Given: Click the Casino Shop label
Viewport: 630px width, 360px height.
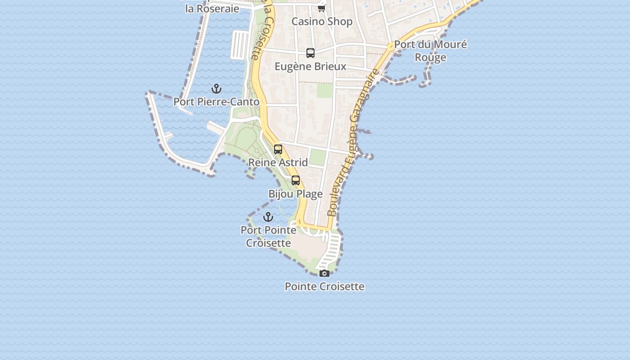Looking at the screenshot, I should (x=322, y=21).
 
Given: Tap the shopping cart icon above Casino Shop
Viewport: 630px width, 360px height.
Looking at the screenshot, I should (x=321, y=8).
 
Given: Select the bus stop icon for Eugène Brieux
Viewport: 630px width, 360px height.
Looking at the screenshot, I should (x=310, y=53).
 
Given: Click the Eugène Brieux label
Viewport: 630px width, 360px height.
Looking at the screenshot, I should (x=310, y=67).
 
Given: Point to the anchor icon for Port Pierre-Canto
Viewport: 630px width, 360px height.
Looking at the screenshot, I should (x=216, y=89).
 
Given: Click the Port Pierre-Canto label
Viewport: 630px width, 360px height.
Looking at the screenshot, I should (x=216, y=102).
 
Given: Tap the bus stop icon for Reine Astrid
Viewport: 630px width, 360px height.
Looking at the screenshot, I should (x=278, y=149).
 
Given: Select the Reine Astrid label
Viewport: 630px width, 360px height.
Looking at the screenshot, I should (x=278, y=162).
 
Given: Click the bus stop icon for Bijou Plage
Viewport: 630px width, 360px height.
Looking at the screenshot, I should (x=296, y=180).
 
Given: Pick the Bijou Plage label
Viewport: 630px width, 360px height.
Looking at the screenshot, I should (x=296, y=194).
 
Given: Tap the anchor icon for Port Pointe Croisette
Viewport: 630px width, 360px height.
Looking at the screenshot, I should (x=268, y=217).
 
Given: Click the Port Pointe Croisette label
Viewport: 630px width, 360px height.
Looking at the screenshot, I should (x=268, y=236).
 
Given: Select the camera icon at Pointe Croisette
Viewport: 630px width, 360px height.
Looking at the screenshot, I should (x=324, y=273).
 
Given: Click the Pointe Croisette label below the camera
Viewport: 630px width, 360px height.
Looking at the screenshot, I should (x=324, y=286).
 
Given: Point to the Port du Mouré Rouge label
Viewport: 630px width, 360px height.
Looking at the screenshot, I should (x=430, y=51).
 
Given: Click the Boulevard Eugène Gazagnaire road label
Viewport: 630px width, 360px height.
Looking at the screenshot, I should (x=354, y=143).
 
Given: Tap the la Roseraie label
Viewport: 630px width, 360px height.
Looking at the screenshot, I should (x=212, y=9).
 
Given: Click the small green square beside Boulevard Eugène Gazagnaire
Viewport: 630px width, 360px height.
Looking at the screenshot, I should (x=324, y=90).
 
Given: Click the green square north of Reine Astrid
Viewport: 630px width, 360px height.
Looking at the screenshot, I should (x=318, y=157).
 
